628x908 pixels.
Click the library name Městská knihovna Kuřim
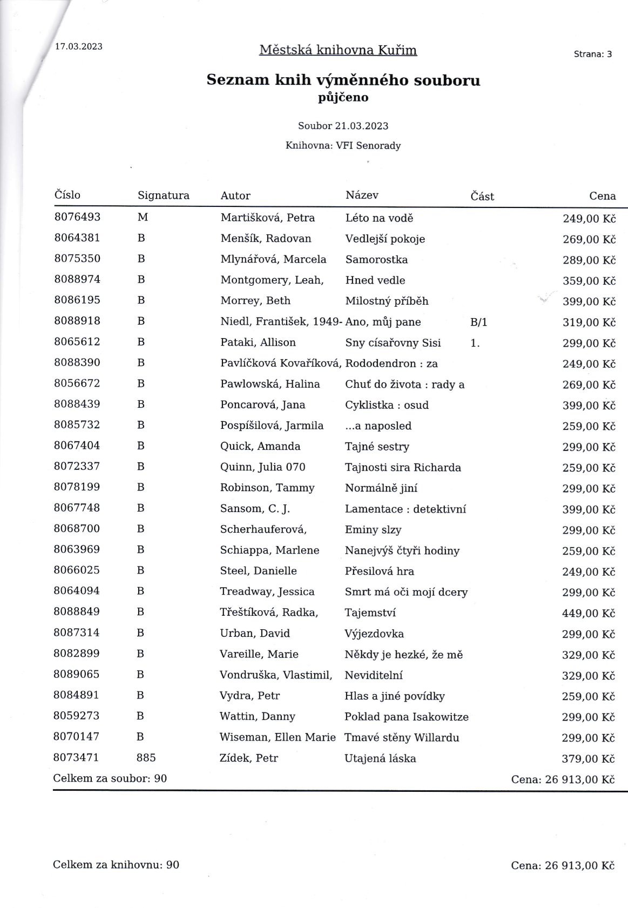tap(338, 50)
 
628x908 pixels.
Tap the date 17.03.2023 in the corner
tap(79, 46)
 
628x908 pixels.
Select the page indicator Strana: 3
tap(593, 54)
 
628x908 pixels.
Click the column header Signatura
tap(164, 196)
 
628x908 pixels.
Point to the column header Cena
tap(602, 196)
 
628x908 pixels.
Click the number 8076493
tap(77, 217)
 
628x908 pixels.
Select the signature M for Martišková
tap(143, 217)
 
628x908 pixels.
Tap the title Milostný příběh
tap(387, 301)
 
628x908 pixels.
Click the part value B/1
tap(479, 322)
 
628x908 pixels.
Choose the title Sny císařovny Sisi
tap(393, 342)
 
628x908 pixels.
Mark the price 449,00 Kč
tap(589, 613)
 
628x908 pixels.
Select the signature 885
tap(146, 758)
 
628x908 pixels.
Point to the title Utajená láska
tap(380, 758)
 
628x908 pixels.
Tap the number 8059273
tap(77, 716)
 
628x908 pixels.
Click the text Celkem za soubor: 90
tap(110, 778)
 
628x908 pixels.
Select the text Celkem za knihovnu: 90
tap(116, 865)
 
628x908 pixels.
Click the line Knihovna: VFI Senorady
tap(343, 146)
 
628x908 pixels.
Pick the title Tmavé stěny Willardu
tap(402, 737)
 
